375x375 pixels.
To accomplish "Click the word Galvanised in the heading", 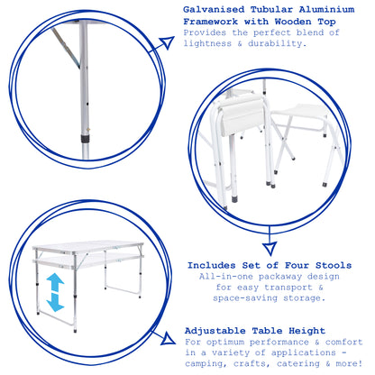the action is pos(214,10).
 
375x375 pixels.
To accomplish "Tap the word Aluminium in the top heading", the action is pos(326,10).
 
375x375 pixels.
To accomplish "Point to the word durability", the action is pos(277,43).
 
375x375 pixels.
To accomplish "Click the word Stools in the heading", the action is pos(334,265).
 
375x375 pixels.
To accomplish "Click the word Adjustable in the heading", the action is pos(215,331).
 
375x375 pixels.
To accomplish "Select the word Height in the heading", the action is pos(306,331).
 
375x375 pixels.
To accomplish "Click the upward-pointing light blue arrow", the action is pos(55,283).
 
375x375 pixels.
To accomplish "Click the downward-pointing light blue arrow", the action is pos(55,302).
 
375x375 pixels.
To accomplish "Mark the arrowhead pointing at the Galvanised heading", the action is pos(167,43).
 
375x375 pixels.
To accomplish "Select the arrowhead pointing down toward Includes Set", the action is pos(270,249).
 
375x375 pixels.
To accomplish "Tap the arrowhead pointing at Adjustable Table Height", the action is pos(168,339).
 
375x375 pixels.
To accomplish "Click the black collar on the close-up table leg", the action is pos(86,139).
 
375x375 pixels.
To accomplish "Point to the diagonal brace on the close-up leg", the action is pos(66,48).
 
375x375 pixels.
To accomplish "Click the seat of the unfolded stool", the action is pos(300,111).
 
